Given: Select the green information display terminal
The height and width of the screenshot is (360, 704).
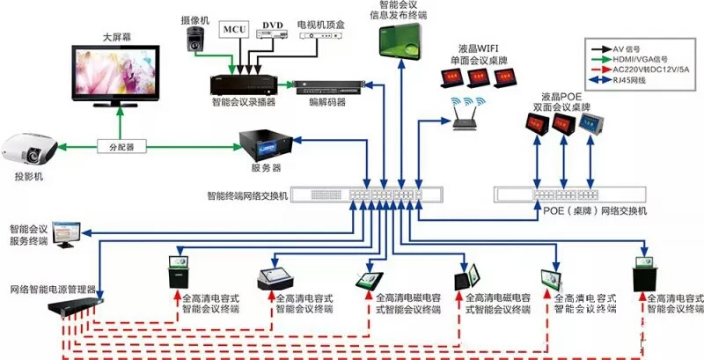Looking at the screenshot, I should pos(400,40).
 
